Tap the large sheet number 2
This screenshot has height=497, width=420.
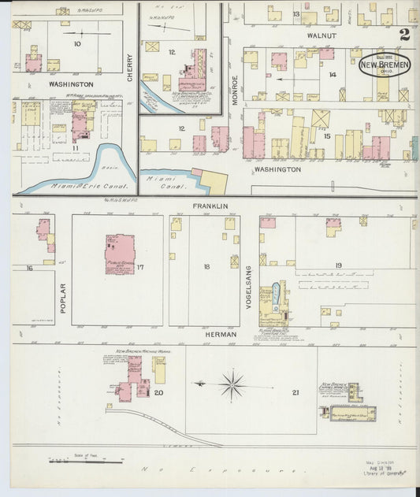404,35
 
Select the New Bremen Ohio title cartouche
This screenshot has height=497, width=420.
384,65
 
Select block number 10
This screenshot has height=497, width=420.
76,44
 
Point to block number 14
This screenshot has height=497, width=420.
333,74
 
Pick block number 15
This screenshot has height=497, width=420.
326,136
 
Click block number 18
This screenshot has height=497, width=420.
206,267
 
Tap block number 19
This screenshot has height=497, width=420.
337,265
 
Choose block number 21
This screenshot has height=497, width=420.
295,392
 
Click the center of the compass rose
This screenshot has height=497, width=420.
232,385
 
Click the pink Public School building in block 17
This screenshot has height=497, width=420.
120,254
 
